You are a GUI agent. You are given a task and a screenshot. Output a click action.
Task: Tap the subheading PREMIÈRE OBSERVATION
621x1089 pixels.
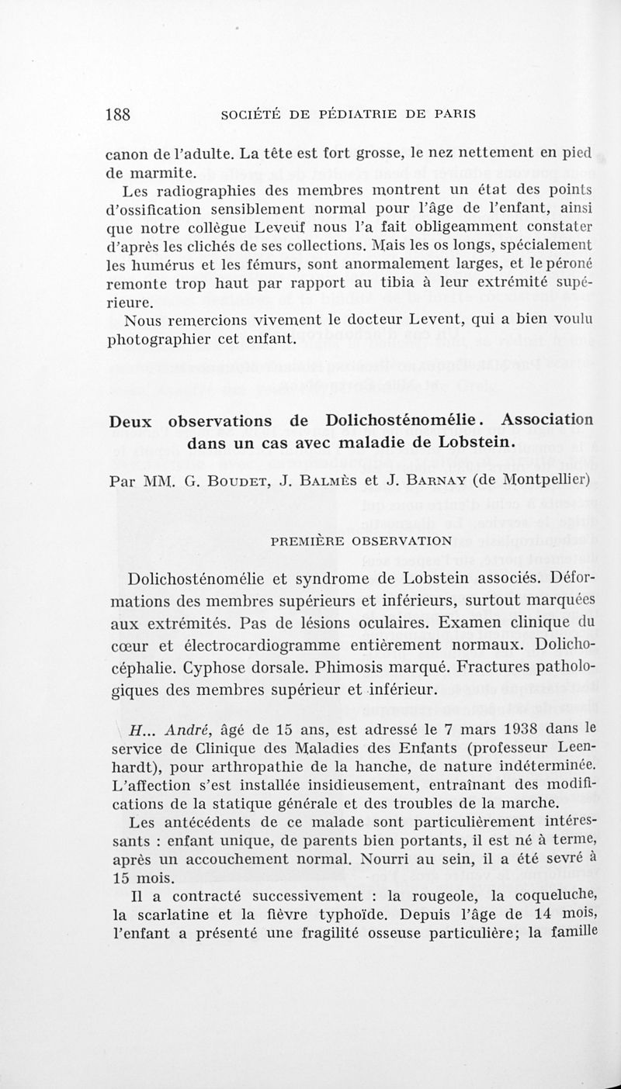click(356, 539)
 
